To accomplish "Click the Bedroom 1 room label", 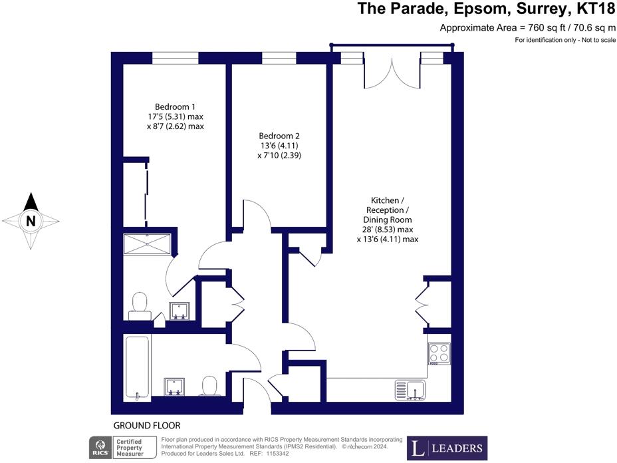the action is coord(175,106).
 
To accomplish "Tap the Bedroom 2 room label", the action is coord(279,136).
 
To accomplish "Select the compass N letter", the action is coord(31,221).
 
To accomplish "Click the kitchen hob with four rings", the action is coord(439,353).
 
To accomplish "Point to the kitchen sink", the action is coord(410,390).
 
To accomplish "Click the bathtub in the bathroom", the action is coord(137,367).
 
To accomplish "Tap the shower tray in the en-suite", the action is coord(147,244).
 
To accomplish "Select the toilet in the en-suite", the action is coord(140,306).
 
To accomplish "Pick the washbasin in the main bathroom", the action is coord(174,386).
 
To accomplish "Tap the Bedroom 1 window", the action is coord(175,58).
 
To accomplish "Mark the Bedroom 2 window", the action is coord(279,58).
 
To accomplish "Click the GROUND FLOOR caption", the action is coord(147,426).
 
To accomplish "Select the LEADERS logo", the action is coord(447,448).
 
